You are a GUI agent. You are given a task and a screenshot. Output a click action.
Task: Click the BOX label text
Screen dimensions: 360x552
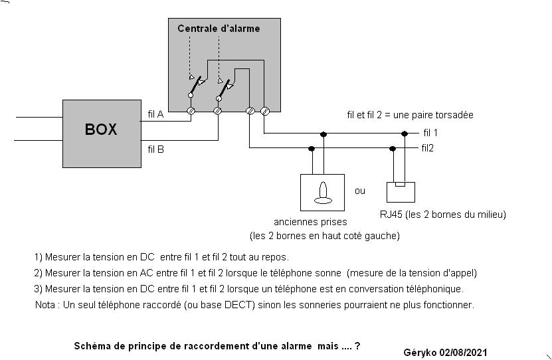[100, 130]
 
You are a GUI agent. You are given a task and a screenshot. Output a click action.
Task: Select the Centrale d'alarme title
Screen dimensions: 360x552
[219, 29]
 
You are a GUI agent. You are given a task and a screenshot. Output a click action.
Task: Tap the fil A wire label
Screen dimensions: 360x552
[155, 114]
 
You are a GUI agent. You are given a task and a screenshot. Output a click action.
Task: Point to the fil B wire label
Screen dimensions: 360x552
[155, 149]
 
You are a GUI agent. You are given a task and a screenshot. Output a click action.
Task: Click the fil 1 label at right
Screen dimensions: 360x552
[430, 133]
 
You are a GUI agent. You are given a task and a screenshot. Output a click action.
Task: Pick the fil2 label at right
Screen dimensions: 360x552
[427, 147]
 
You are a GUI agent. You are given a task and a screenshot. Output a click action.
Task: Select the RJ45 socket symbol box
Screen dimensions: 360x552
[401, 191]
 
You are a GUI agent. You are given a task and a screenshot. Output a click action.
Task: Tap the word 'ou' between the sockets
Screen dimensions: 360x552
[360, 191]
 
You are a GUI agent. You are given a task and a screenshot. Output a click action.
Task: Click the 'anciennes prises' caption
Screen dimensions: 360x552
[310, 222]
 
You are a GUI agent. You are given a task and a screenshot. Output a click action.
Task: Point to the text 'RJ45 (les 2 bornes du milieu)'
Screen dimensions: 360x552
[443, 214]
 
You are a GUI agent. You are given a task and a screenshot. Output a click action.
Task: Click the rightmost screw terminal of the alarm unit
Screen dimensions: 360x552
[264, 111]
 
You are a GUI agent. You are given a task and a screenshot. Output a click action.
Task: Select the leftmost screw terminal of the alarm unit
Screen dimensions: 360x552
[191, 111]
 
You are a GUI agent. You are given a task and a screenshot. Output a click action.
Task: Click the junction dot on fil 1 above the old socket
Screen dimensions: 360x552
[323, 134]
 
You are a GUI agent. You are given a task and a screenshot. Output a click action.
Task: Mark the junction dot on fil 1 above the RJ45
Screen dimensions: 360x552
[405, 134]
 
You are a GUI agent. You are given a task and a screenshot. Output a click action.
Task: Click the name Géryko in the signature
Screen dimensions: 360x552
[418, 352]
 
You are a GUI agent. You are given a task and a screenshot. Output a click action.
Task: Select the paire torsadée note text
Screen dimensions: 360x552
[410, 114]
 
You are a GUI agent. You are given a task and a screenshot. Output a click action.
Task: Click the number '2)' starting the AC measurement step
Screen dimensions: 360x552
[39, 272]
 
